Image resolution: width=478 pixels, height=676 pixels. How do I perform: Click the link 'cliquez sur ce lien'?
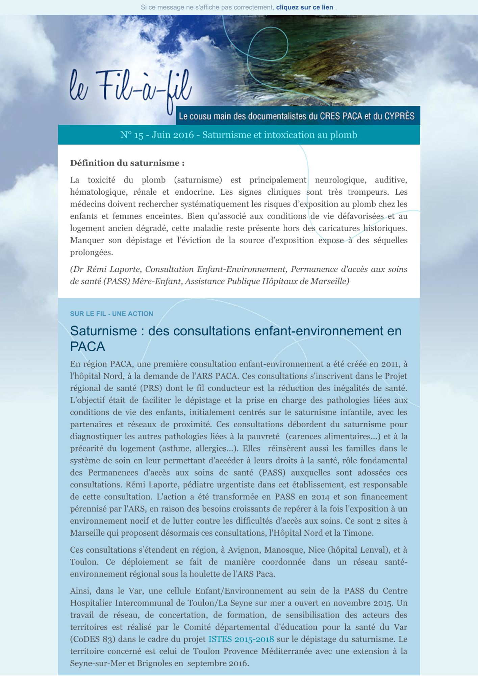coord(304,7)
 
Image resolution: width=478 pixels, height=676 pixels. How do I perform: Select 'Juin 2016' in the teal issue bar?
coord(172,135)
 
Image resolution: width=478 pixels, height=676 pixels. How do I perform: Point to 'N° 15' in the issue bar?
coord(132,135)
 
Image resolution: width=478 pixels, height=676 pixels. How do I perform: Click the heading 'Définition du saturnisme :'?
coord(127,163)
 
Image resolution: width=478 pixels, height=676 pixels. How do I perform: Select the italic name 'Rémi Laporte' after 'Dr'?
coord(114,269)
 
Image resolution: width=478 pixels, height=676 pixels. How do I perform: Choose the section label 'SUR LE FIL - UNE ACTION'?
coord(111,314)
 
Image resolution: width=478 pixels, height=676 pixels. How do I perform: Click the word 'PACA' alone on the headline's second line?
coord(87,346)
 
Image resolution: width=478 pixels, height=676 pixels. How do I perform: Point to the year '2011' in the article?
coord(391,364)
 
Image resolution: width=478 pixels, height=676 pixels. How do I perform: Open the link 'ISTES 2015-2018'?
coord(241,639)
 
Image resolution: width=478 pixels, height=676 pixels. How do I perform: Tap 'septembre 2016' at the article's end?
coord(218,663)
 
